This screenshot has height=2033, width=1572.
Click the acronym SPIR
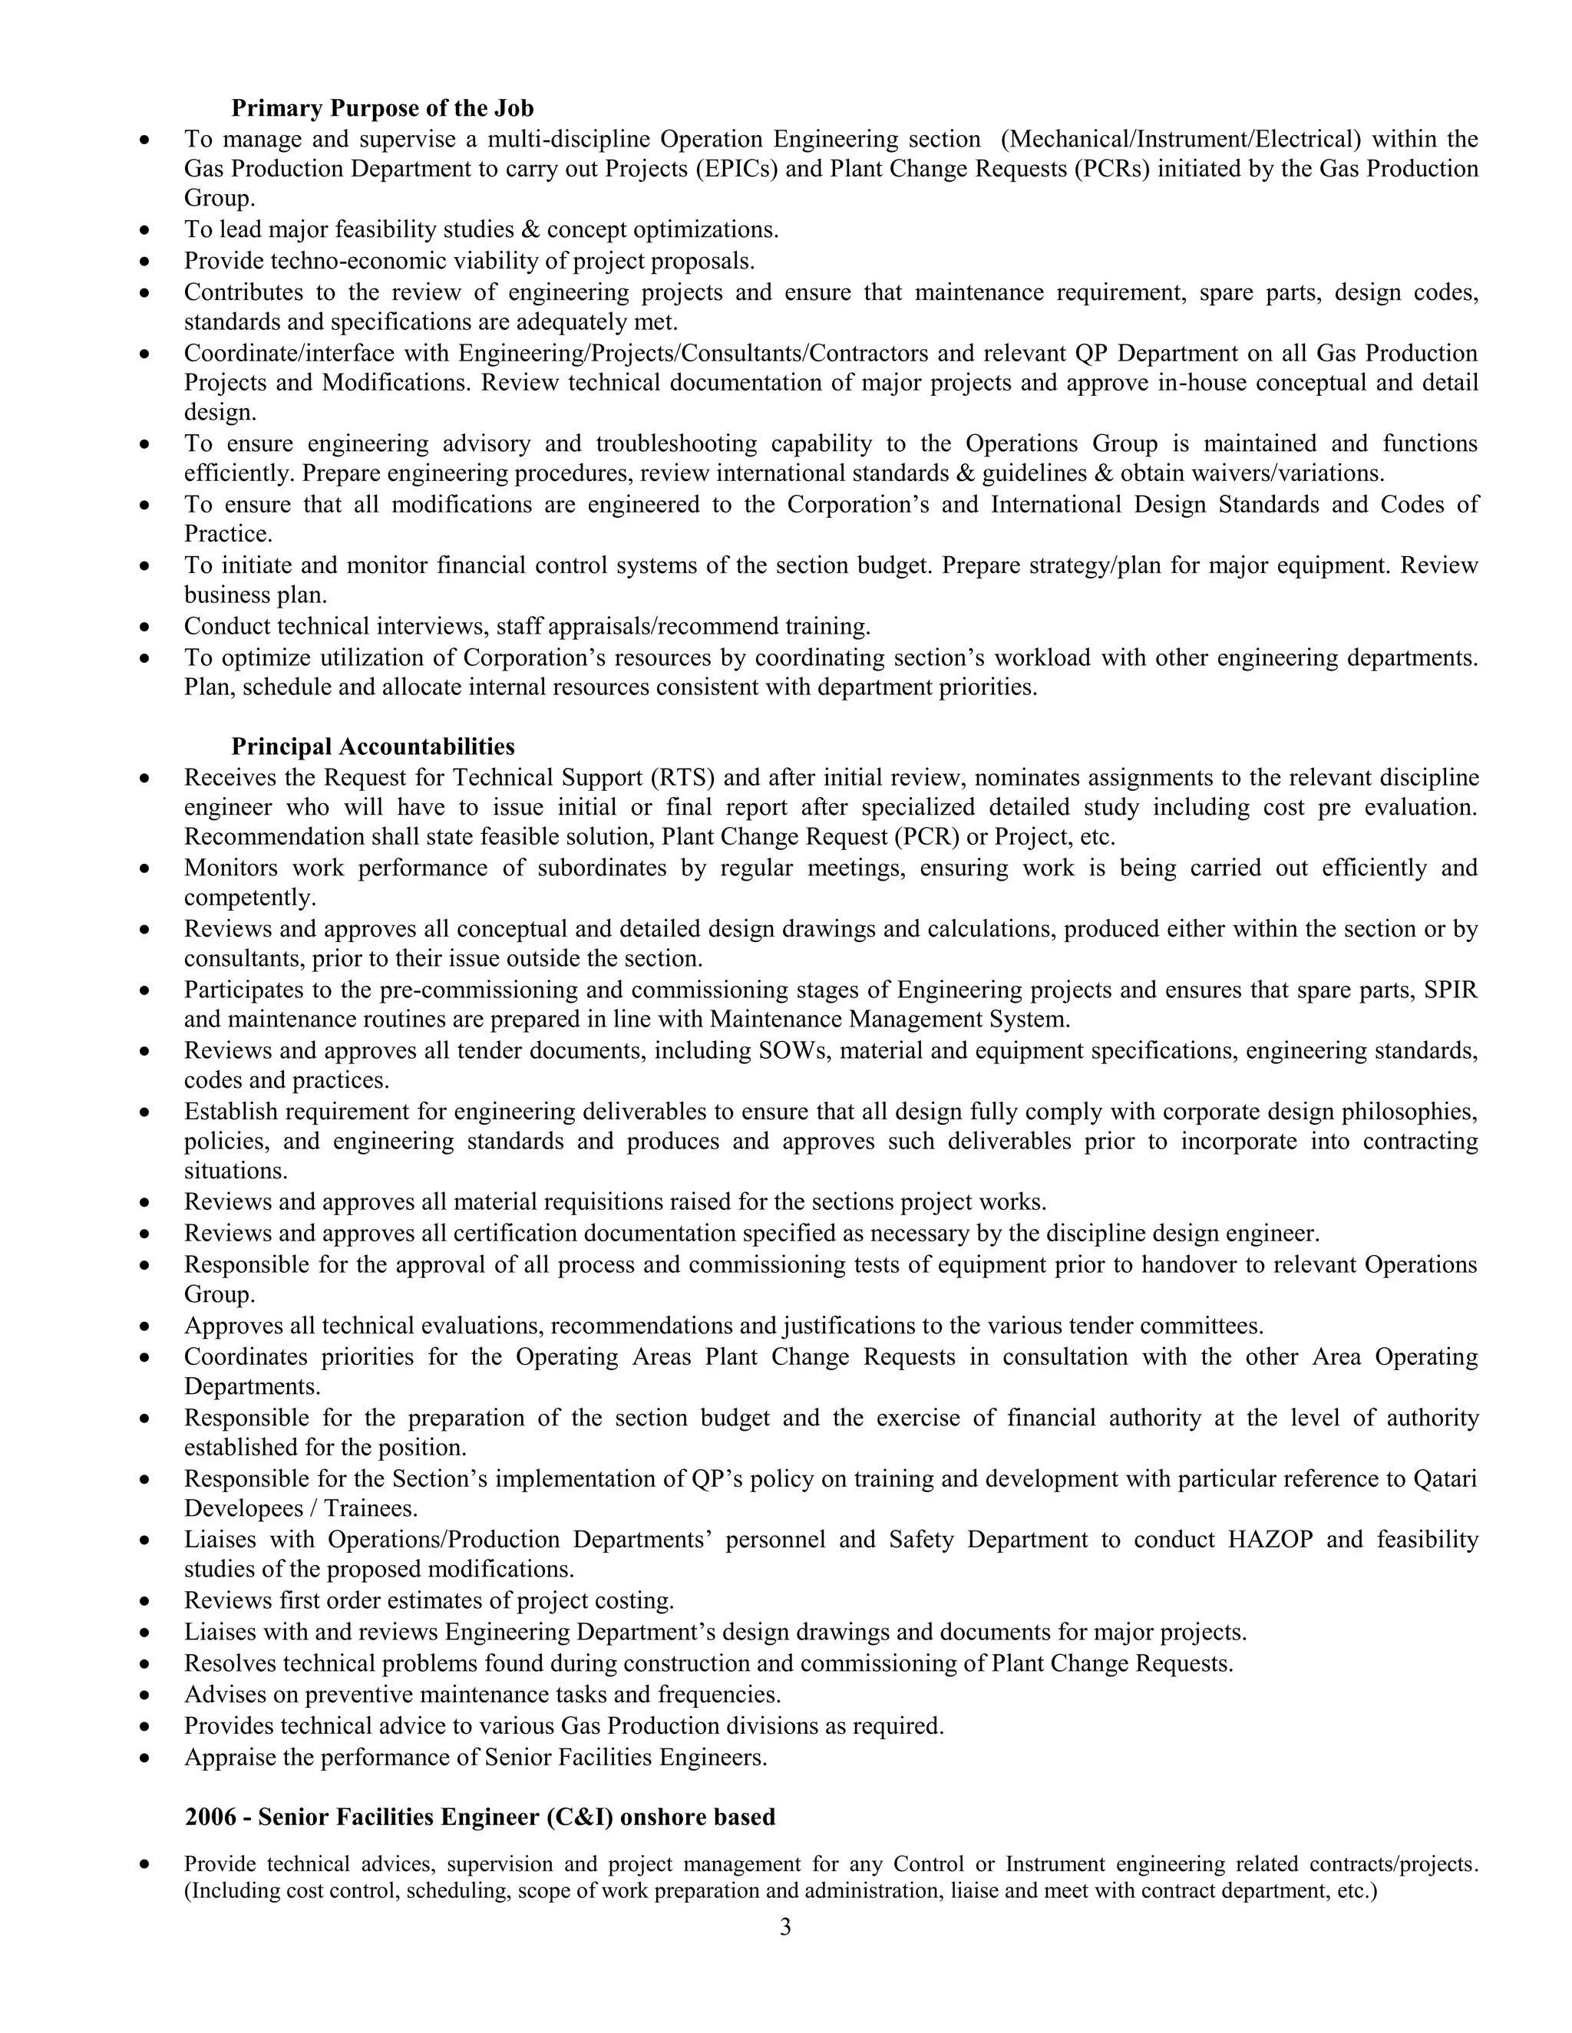coord(1450,990)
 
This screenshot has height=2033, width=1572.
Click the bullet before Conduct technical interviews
coord(144,627)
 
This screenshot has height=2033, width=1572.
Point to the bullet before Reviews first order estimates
coord(144,1601)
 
